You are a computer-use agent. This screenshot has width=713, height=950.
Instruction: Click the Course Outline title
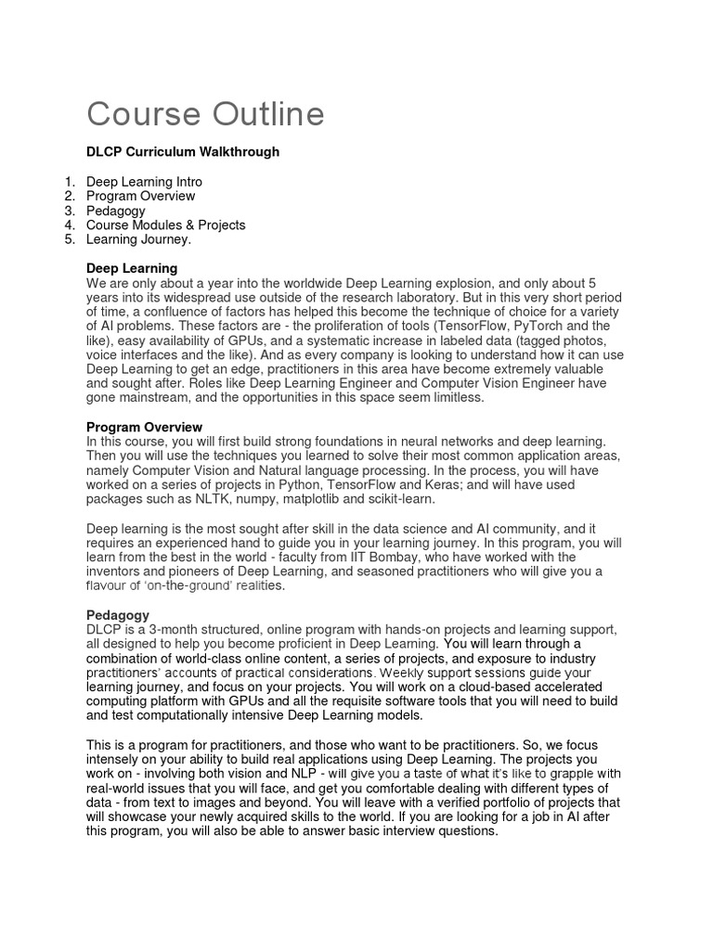click(205, 115)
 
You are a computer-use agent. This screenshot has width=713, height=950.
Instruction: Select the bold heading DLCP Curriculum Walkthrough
click(182, 151)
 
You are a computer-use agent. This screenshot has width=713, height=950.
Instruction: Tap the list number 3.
click(69, 211)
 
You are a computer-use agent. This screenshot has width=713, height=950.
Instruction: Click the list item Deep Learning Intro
click(144, 182)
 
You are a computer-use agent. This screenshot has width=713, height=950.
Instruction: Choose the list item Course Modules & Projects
click(165, 225)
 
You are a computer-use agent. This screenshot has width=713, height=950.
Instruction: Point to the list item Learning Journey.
click(138, 239)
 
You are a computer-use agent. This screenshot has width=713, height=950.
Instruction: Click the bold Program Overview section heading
click(144, 427)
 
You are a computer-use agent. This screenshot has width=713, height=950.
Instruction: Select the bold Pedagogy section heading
click(117, 615)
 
